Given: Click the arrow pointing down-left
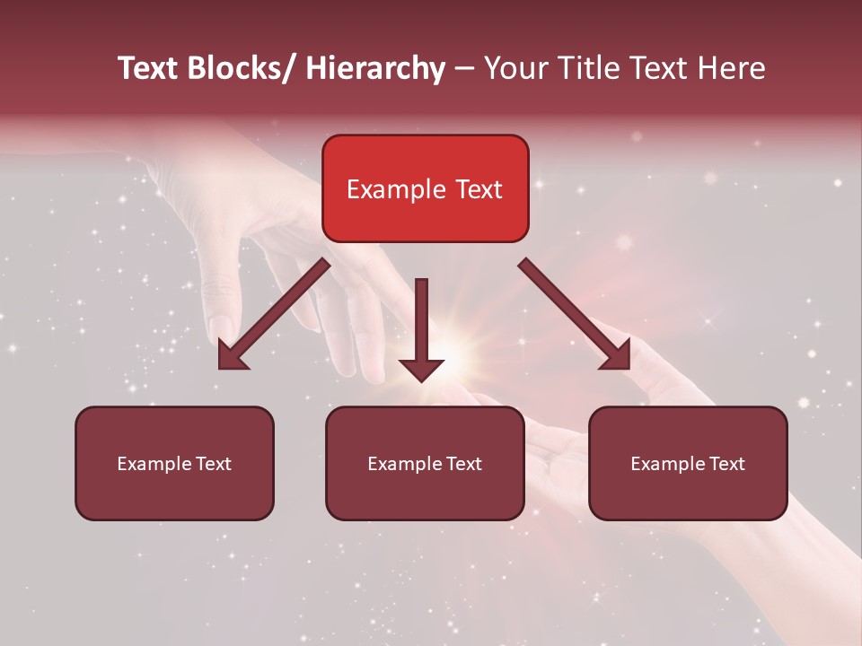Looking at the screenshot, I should click(274, 314).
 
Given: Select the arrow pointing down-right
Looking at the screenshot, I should click(575, 314).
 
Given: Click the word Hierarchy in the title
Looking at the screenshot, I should click(375, 68).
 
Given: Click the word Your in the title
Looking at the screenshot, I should click(515, 68).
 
